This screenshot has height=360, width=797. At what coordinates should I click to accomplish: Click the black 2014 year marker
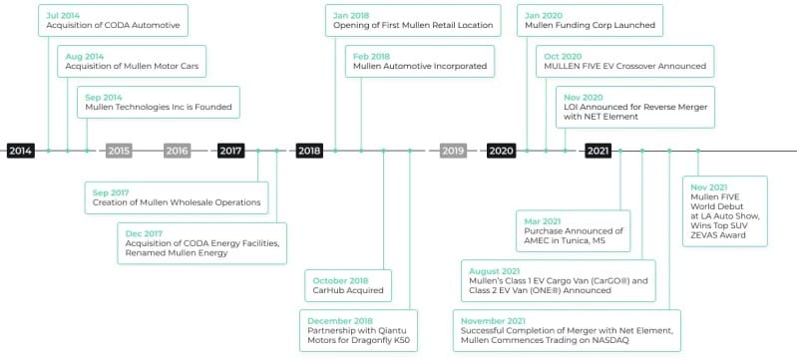click(x=21, y=151)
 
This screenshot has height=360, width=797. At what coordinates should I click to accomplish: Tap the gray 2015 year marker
click(x=119, y=151)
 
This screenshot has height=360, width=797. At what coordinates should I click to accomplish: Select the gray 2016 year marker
click(x=177, y=151)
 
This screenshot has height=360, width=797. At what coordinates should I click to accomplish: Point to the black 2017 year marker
click(x=230, y=151)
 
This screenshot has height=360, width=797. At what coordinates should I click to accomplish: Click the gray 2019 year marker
click(x=453, y=151)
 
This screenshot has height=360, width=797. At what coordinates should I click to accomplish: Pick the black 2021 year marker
click(x=598, y=151)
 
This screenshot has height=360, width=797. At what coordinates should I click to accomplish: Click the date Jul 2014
click(x=63, y=16)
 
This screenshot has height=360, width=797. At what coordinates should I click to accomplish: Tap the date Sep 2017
click(x=111, y=192)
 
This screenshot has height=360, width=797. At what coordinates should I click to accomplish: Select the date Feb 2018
click(x=371, y=57)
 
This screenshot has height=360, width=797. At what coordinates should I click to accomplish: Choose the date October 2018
click(x=340, y=280)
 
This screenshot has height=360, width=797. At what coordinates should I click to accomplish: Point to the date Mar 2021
click(x=543, y=221)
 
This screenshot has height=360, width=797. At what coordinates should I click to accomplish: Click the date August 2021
click(x=495, y=271)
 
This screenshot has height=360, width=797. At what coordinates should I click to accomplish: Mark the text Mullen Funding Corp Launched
click(x=591, y=25)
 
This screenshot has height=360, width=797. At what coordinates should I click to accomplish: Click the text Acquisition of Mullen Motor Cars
click(x=132, y=66)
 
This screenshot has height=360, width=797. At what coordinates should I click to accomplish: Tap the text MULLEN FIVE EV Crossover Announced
click(x=624, y=66)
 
